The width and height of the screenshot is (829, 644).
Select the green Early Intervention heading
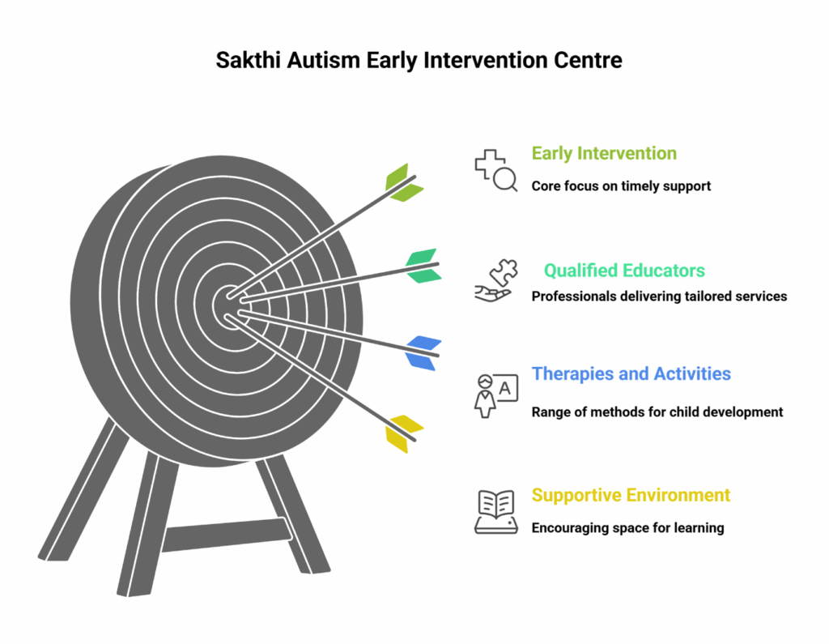click(604, 153)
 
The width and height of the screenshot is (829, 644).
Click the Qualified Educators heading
click(623, 271)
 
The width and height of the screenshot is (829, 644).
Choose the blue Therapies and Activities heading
click(631, 374)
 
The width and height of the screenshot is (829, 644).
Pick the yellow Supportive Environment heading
click(631, 495)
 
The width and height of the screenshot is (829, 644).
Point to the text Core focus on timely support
click(621, 186)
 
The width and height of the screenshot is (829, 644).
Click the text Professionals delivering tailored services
click(659, 296)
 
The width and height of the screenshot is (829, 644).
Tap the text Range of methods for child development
click(657, 412)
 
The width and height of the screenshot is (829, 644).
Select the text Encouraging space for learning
click(627, 527)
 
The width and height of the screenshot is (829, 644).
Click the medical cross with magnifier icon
click(495, 170)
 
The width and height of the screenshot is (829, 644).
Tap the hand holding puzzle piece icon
click(495, 281)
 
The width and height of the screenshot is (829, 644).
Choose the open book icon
click(495, 512)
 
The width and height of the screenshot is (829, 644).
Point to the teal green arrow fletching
click(423, 266)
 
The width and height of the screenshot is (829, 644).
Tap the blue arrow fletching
click(423, 352)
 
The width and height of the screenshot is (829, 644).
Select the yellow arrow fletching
click(404, 433)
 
